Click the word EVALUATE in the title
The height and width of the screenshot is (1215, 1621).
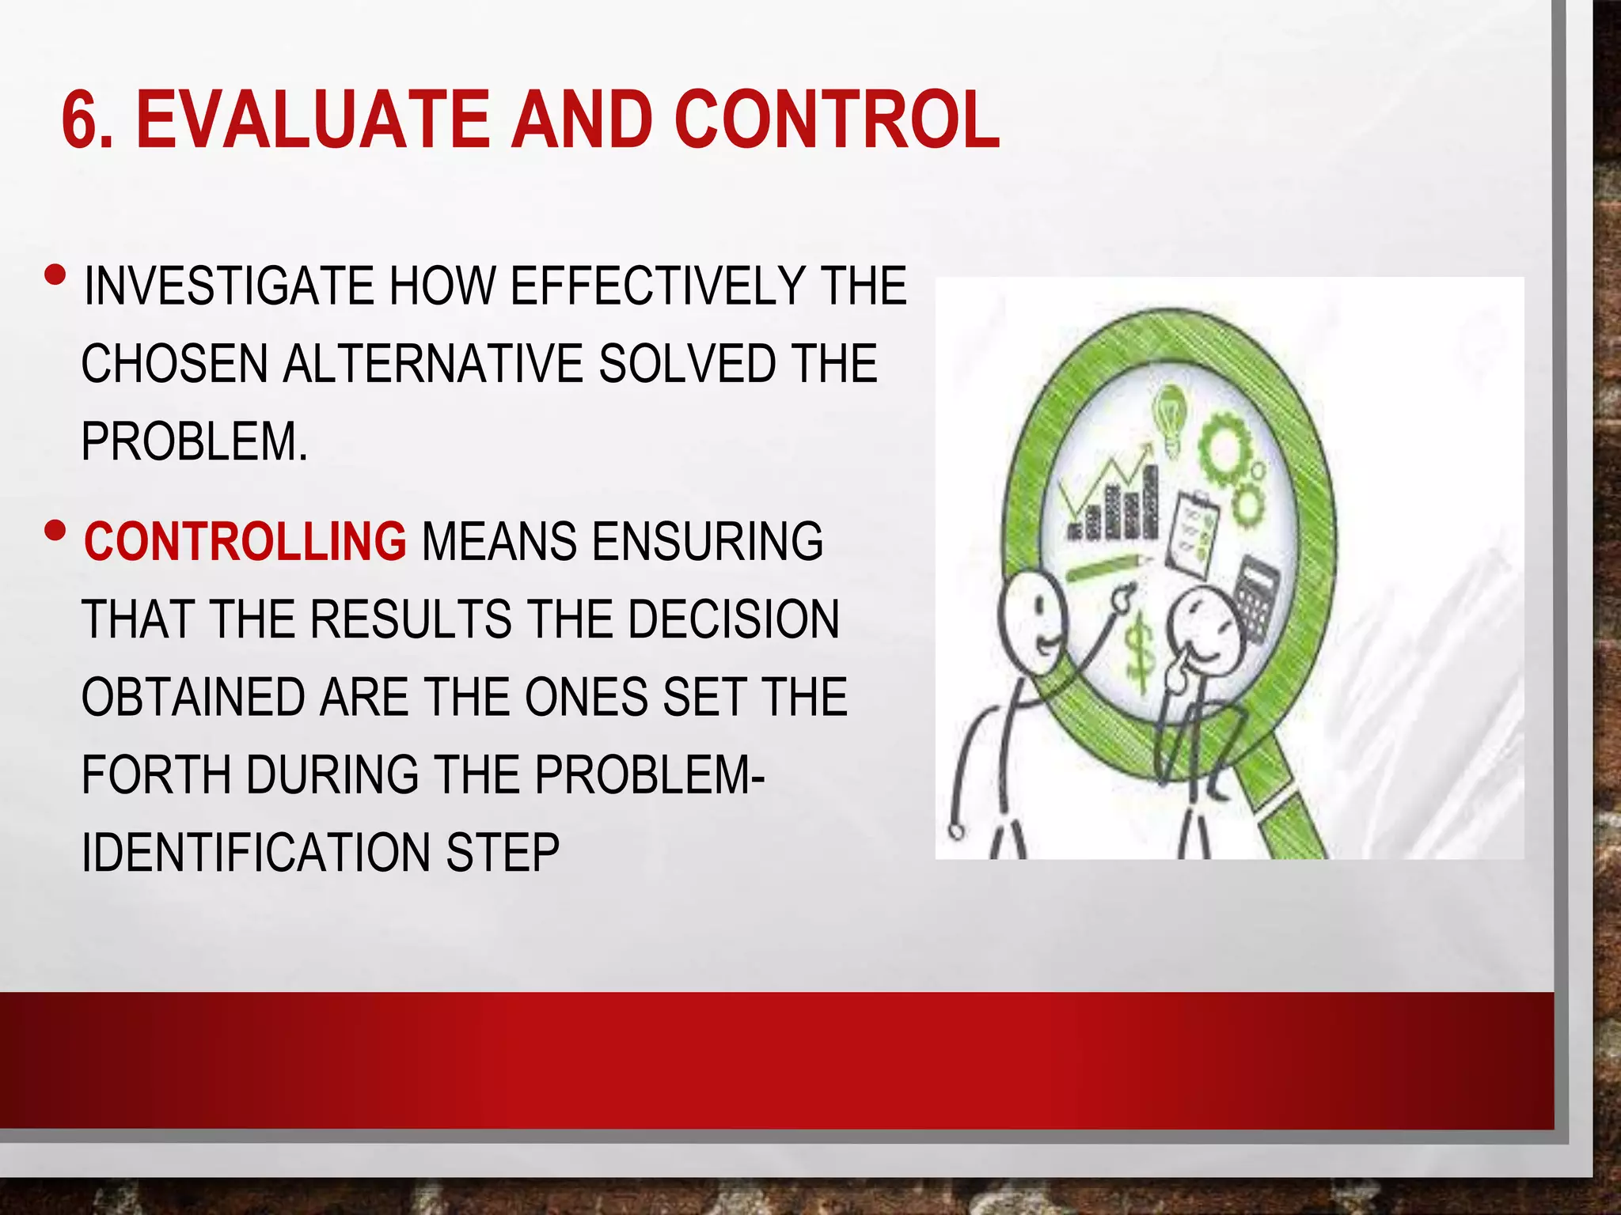pos(313,120)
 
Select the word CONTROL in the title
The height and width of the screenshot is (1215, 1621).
pos(836,120)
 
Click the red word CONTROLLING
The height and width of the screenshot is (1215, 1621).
pos(245,542)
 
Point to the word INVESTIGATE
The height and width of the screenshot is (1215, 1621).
pos(228,286)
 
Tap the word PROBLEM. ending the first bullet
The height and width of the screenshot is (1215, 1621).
pos(194,441)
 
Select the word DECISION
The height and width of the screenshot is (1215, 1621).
pos(733,619)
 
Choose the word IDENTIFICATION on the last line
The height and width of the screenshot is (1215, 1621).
pos(255,853)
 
